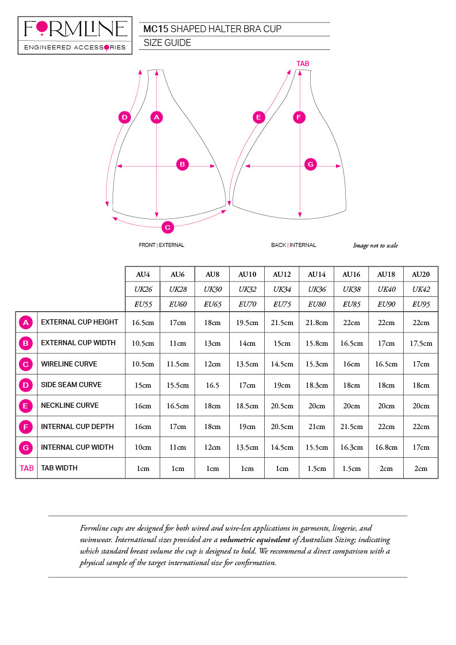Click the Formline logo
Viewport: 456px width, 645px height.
(x=75, y=35)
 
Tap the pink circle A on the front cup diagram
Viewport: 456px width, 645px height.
(x=157, y=117)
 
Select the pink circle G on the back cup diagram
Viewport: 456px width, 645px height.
(x=311, y=164)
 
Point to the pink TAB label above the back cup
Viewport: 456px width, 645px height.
(x=303, y=63)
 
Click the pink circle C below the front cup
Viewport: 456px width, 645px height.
(x=167, y=227)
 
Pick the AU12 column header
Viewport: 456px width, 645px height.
(x=282, y=275)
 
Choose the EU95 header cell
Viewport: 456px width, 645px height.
(x=420, y=304)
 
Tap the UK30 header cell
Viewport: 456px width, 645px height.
(x=212, y=289)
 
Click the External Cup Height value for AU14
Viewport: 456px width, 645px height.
(x=316, y=323)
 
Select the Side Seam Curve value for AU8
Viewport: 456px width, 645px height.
(x=212, y=385)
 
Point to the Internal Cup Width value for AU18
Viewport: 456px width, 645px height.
(x=386, y=447)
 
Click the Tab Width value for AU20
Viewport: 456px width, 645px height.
(x=420, y=469)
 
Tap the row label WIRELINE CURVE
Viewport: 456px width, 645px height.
(x=69, y=364)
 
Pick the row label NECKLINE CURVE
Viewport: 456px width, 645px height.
(x=69, y=405)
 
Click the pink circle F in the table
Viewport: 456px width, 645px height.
(x=26, y=427)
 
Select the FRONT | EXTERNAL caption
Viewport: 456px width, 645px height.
(x=161, y=245)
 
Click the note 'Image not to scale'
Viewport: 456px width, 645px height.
(x=375, y=246)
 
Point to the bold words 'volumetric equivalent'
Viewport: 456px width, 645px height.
(x=255, y=540)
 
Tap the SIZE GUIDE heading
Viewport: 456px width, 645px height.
(x=167, y=43)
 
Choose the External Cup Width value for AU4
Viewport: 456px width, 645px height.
(x=143, y=343)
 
